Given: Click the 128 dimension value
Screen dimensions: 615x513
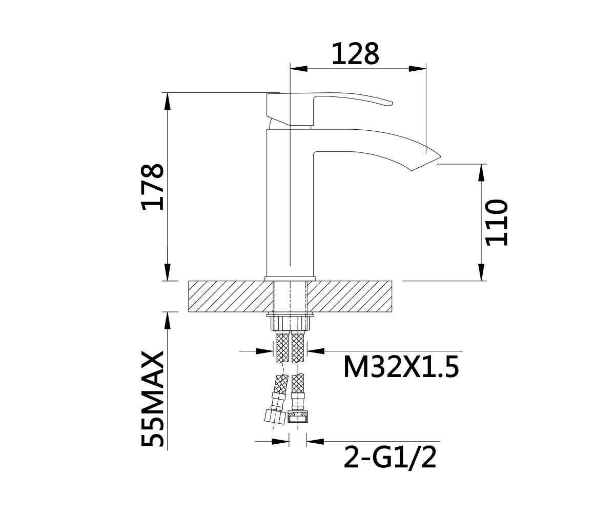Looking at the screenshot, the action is (x=356, y=54).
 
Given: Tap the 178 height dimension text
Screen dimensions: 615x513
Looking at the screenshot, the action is (x=152, y=187).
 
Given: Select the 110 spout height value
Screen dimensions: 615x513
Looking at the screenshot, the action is (x=496, y=223).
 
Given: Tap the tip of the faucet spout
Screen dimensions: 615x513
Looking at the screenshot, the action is (x=441, y=156).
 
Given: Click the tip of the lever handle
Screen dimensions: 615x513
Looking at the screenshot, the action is (x=393, y=103).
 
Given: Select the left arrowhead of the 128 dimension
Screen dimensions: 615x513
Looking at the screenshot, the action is (x=299, y=69).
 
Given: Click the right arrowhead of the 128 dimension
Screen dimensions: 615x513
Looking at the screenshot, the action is (x=417, y=69).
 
